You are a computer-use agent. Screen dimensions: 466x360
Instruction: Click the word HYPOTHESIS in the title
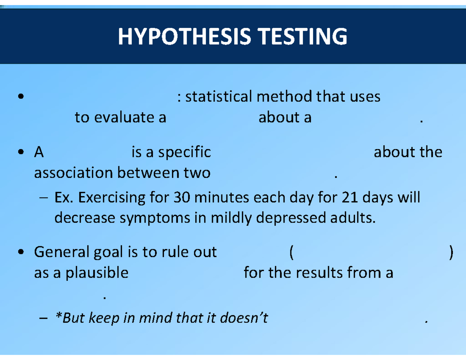click(x=184, y=37)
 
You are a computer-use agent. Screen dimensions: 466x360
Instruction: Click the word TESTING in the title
click(x=303, y=37)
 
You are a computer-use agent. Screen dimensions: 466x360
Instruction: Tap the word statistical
click(x=219, y=96)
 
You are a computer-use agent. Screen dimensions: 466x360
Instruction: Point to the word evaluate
click(x=124, y=117)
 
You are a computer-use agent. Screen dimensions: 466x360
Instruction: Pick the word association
click(x=73, y=172)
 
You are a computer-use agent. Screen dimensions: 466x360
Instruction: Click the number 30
click(x=182, y=197)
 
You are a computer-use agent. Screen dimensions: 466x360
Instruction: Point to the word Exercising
click(x=112, y=198)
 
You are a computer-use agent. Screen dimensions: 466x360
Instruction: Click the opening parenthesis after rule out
click(x=291, y=253)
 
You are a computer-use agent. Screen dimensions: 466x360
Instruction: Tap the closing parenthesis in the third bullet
click(x=451, y=253)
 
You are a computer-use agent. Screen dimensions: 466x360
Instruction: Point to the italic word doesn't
click(x=244, y=318)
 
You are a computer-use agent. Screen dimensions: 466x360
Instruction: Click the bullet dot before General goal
click(x=21, y=252)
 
